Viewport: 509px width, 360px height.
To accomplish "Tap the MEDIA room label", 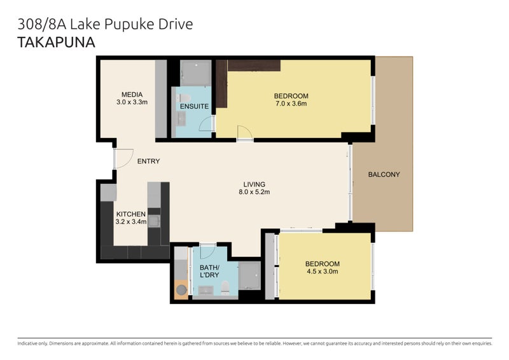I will coord(132,94).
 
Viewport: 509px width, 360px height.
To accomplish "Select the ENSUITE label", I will coord(194,106).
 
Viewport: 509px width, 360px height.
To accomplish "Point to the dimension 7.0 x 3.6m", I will coord(291,104).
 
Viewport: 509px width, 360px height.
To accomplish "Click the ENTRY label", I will coord(148,162).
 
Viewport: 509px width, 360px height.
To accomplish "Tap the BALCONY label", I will coord(384,174).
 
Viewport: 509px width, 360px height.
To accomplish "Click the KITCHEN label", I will coord(130,214).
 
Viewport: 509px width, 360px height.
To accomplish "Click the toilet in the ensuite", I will coord(183,98).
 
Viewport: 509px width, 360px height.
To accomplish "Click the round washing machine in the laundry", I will coord(181,289).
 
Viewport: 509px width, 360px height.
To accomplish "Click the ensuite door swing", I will coord(206,124).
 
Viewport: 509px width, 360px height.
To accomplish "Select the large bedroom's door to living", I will coord(244,134).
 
